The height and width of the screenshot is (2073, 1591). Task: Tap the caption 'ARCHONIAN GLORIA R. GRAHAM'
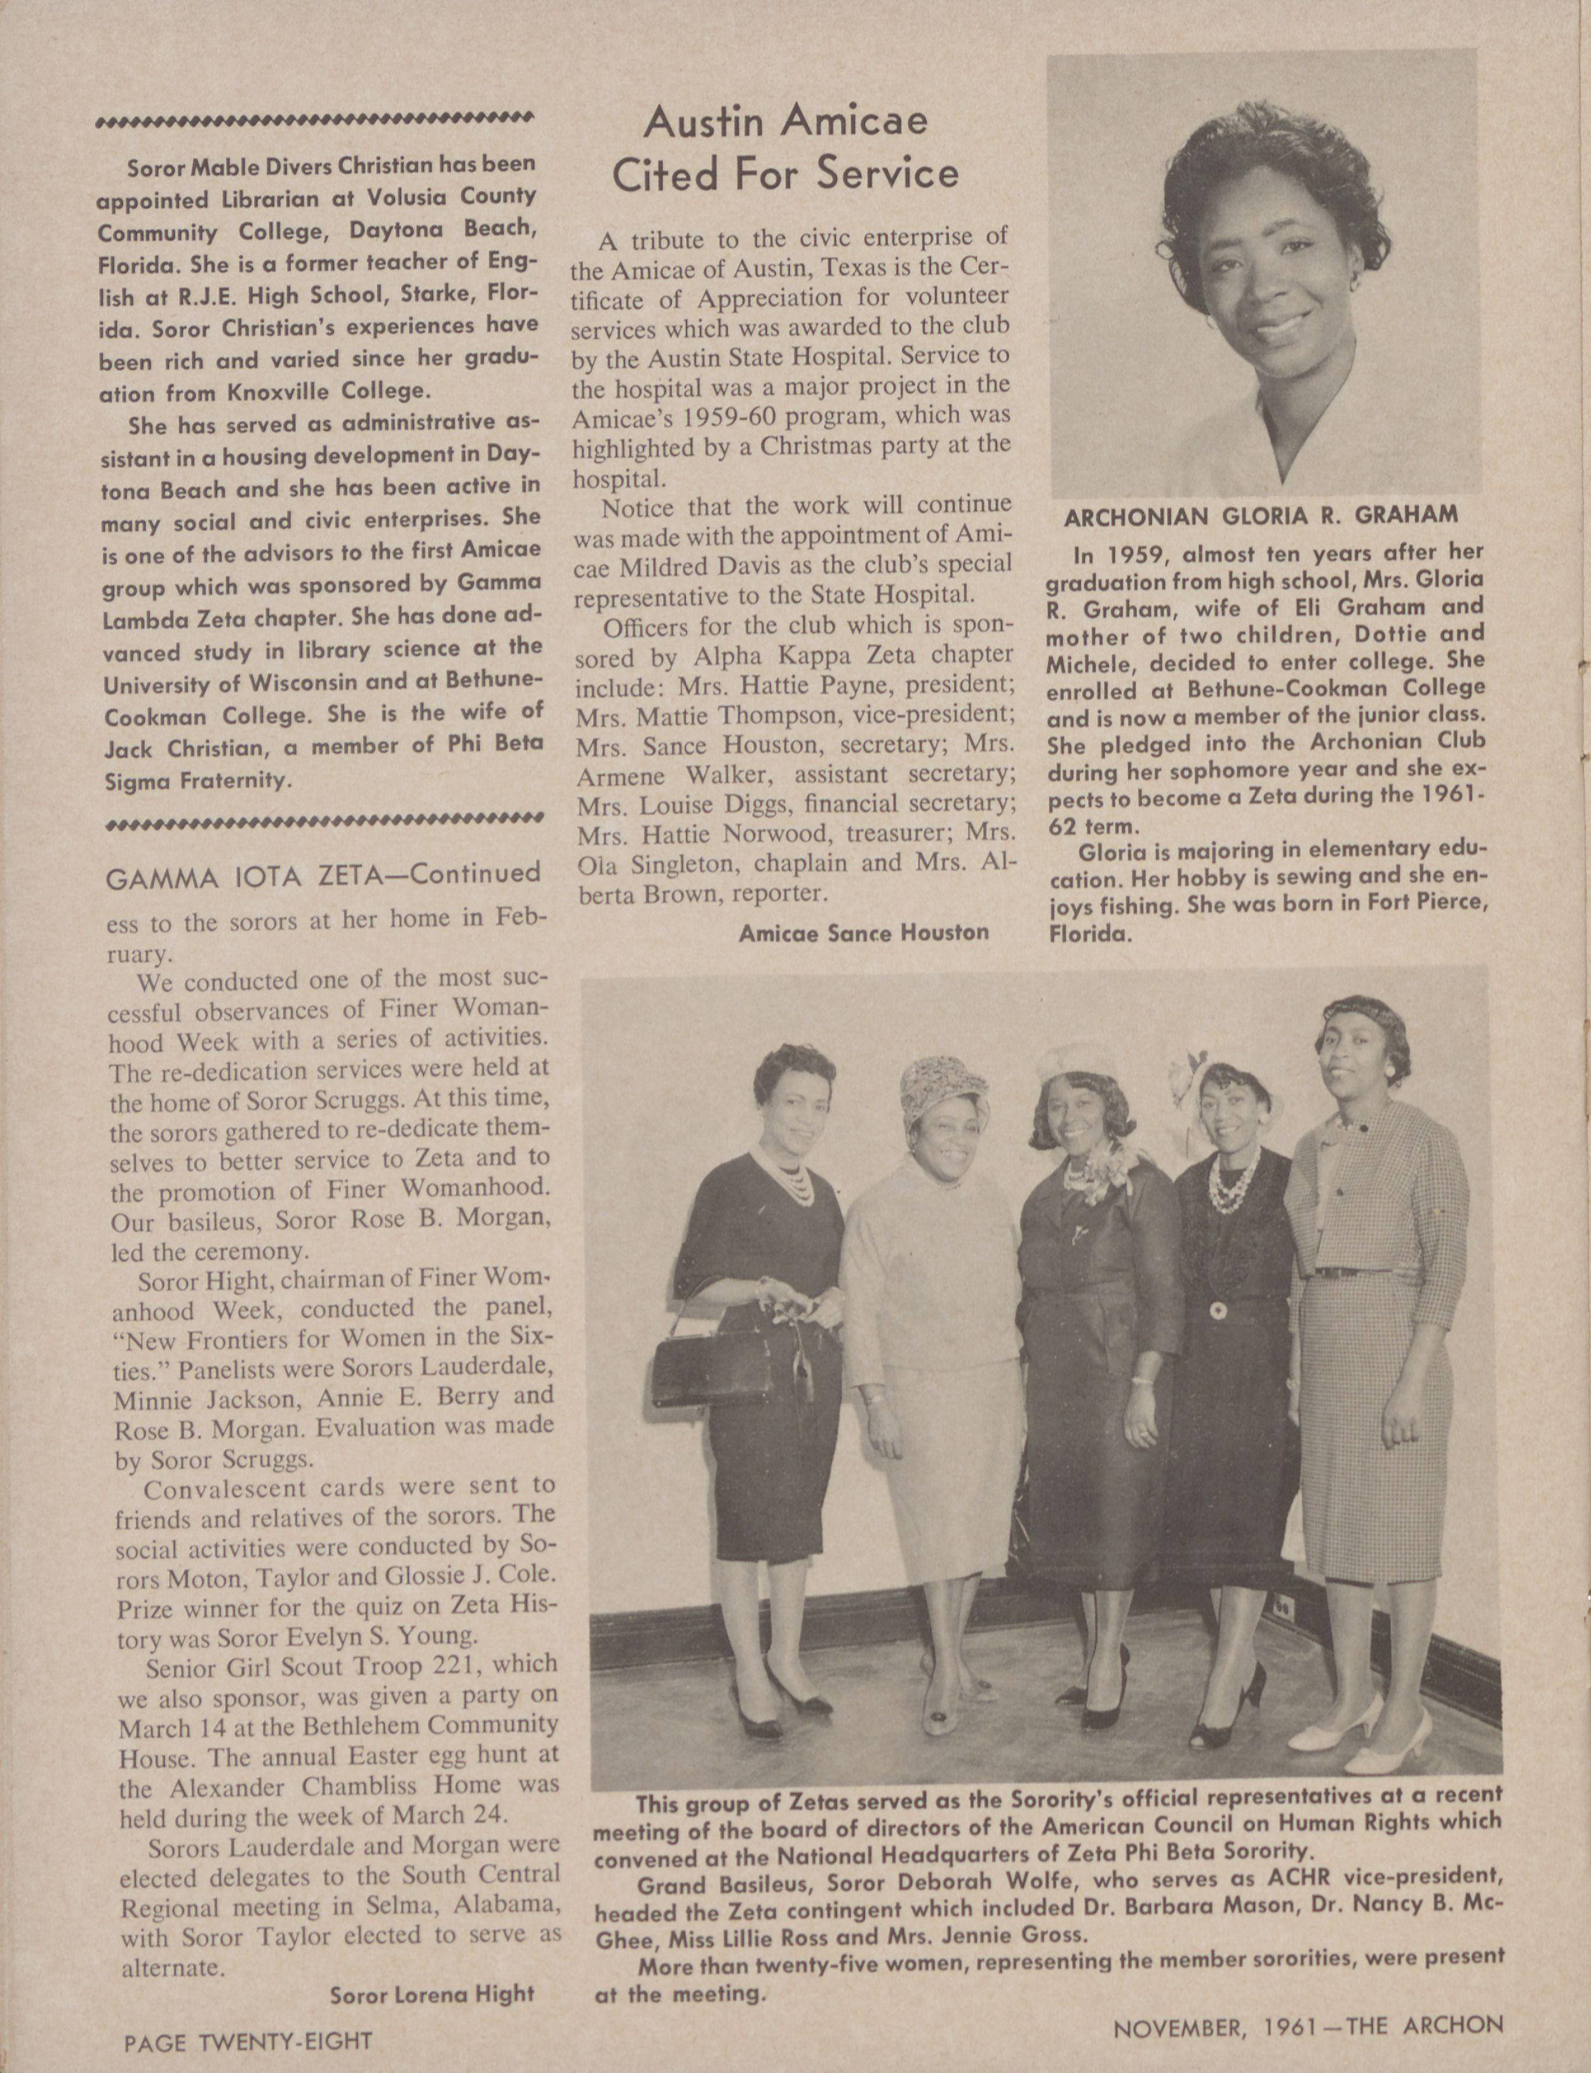(x=1261, y=517)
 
